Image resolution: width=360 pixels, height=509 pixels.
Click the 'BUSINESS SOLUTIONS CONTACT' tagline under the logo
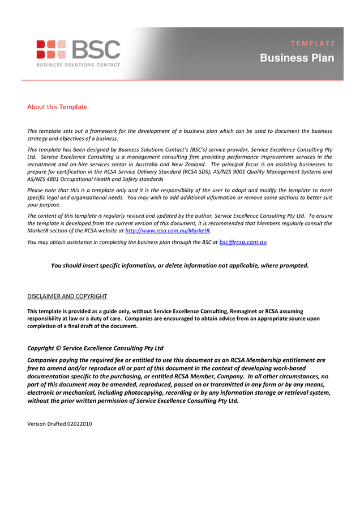click(x=78, y=65)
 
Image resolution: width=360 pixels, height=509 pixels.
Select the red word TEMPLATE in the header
click(x=313, y=43)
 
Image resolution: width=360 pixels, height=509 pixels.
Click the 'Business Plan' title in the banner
click(x=297, y=58)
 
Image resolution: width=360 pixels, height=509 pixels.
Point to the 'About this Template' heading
click(x=57, y=107)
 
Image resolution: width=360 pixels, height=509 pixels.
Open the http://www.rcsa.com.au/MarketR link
click(x=167, y=231)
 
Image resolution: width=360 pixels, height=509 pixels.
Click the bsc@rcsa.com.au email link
click(x=243, y=242)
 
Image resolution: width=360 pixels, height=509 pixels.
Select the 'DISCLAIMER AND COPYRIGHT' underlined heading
click(x=67, y=296)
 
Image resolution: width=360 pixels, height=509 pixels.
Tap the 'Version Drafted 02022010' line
click(x=59, y=424)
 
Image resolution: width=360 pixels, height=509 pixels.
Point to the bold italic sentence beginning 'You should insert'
click(x=179, y=265)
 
